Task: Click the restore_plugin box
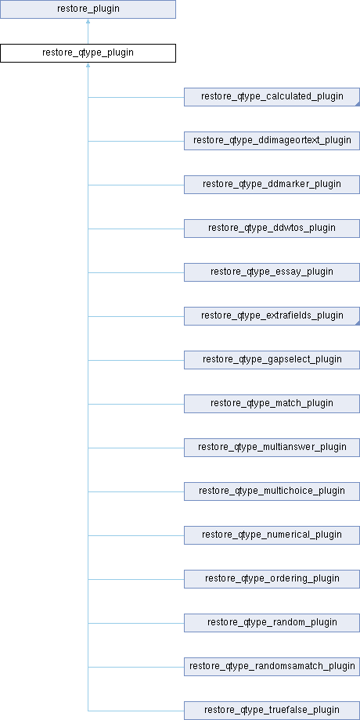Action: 88,9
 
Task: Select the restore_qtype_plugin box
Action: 88,52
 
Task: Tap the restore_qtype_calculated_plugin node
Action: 272,97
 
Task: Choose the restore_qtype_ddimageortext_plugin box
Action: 272,141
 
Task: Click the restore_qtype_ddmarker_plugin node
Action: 272,185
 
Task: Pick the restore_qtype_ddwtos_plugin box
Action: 272,229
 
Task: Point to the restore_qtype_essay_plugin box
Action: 272,272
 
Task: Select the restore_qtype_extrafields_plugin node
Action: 272,316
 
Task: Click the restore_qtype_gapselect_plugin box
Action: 272,360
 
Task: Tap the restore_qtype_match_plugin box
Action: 272,404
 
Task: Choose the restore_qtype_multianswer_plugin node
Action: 272,448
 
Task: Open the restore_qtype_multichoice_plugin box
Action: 272,491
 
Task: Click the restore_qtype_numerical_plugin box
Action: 272,535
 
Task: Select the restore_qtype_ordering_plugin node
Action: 272,579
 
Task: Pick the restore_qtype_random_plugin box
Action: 272,623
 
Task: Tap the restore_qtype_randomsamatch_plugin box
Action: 272,667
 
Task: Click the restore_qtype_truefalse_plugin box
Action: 272,711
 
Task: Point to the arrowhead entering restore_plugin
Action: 88,21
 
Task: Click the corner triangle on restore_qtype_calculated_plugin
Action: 358,104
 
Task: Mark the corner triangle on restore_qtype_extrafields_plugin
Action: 358,323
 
